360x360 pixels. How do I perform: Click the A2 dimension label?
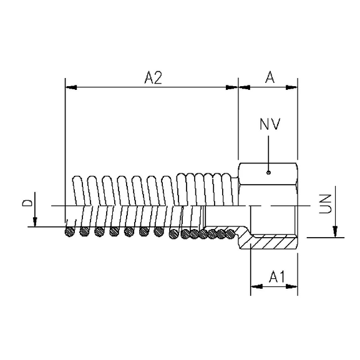(x=153, y=77)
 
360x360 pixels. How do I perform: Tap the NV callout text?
(x=270, y=124)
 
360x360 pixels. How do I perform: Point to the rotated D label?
(x=27, y=204)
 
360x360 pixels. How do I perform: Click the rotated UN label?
(x=323, y=204)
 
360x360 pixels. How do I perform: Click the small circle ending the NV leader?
(x=268, y=173)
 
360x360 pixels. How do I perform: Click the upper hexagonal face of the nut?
(x=268, y=168)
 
